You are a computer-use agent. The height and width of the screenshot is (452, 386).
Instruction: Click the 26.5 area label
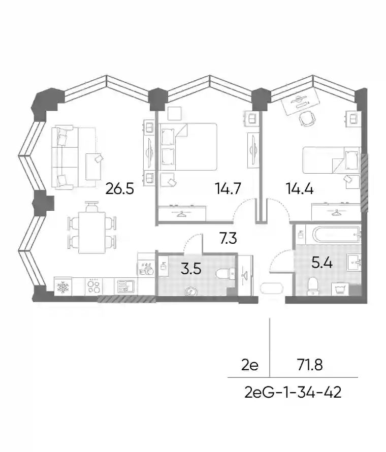tap(120, 189)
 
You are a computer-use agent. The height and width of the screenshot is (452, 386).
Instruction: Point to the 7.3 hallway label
tap(228, 238)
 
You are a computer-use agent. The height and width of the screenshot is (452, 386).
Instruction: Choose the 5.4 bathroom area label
tap(322, 263)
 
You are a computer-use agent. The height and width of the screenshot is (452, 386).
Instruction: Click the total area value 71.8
tap(310, 366)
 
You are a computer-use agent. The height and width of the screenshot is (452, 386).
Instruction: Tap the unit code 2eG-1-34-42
tap(293, 393)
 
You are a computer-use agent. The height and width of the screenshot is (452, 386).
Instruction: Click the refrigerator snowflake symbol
tap(63, 287)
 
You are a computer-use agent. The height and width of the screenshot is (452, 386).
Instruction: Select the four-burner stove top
tap(94, 286)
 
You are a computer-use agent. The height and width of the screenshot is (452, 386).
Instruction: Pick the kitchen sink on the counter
tap(126, 286)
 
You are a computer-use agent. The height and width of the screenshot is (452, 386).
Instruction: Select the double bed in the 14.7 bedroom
tap(187, 147)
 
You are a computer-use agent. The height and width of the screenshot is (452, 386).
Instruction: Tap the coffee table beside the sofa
tap(93, 167)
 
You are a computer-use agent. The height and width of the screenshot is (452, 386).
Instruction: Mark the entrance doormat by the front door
tap(272, 288)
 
